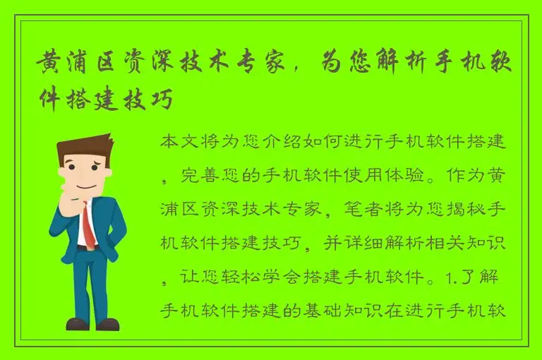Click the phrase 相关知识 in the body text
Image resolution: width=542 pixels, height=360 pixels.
(472, 244)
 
